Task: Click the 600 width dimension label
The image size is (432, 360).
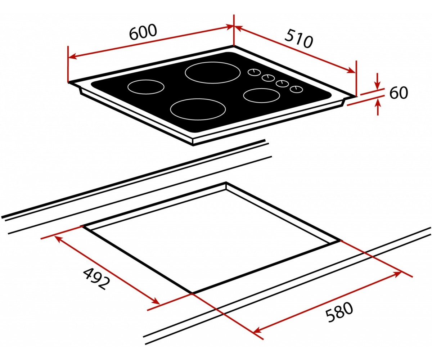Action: [143, 32]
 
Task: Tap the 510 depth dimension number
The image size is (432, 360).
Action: [298, 42]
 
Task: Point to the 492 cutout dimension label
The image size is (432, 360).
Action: [96, 279]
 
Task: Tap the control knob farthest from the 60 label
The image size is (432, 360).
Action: [254, 72]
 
